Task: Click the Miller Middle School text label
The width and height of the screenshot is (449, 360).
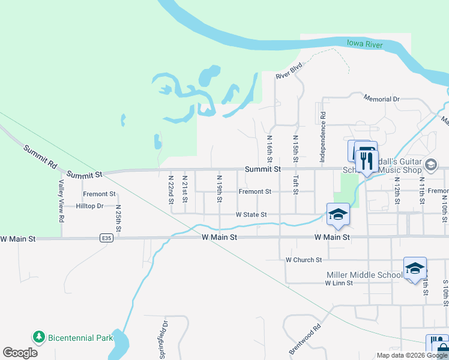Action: (x=364, y=275)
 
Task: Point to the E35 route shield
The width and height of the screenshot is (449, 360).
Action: (x=107, y=238)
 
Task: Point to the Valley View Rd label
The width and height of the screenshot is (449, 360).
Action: (x=61, y=201)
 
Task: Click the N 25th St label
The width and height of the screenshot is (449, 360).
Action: (x=119, y=219)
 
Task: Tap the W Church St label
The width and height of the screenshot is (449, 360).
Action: (x=304, y=260)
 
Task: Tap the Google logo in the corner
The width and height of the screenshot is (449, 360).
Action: (x=20, y=352)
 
